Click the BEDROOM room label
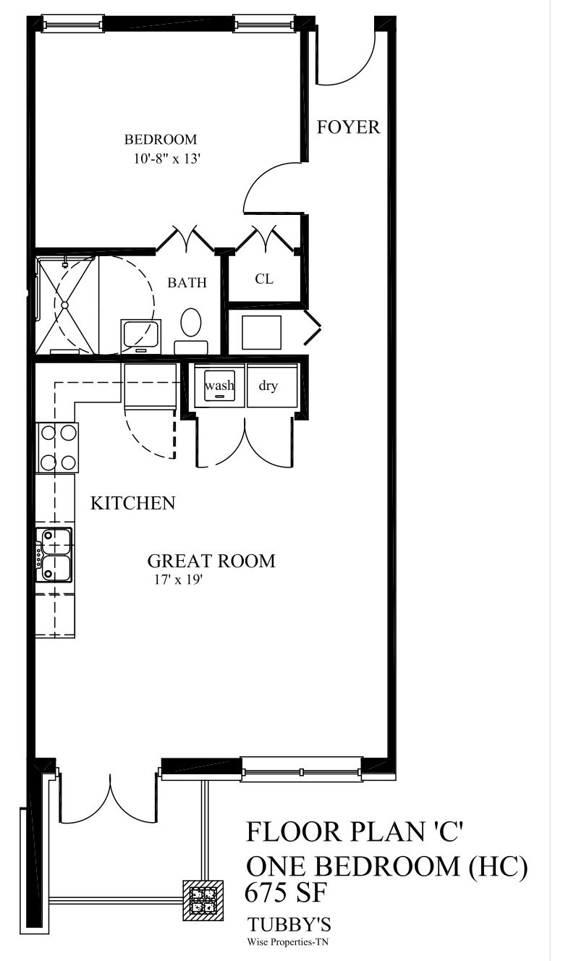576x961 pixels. [x=160, y=140]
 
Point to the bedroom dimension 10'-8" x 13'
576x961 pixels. [x=166, y=160]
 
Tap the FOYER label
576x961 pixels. [x=349, y=127]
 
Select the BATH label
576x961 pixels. [x=187, y=283]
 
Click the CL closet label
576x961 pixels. [x=263, y=279]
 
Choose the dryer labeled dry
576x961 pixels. [x=268, y=386]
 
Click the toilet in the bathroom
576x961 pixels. [x=192, y=323]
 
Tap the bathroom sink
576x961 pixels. [x=140, y=335]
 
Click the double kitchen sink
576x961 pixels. [x=56, y=554]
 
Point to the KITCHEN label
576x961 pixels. [x=132, y=503]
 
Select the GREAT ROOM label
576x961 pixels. [x=211, y=561]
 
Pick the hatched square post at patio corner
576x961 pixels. [x=201, y=899]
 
